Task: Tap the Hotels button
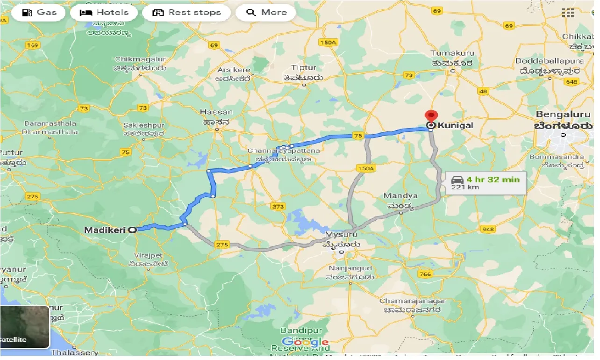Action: click(x=104, y=13)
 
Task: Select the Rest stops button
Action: click(x=186, y=13)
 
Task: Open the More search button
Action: click(x=265, y=13)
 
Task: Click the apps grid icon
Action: click(x=568, y=13)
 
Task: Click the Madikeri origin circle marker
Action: click(x=132, y=230)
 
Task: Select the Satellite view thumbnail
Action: click(x=25, y=327)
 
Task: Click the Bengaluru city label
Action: click(x=564, y=114)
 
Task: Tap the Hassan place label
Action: click(x=216, y=112)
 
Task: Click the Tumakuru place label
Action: click(x=451, y=53)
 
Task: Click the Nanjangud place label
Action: click(x=350, y=268)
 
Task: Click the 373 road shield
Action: click(x=278, y=206)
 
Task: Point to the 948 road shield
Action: click(x=487, y=229)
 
